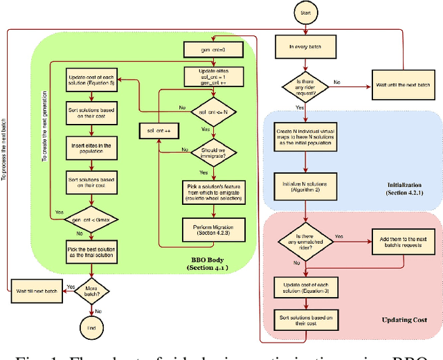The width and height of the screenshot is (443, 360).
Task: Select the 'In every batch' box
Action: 305,47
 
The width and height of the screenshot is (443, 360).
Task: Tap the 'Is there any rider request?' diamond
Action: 305,87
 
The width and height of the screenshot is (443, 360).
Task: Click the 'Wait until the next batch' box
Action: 399,87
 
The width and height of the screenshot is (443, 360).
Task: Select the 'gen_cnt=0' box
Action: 210,50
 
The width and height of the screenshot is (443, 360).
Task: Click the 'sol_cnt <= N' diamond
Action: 210,111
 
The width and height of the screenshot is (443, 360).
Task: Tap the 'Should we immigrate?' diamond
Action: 210,152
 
